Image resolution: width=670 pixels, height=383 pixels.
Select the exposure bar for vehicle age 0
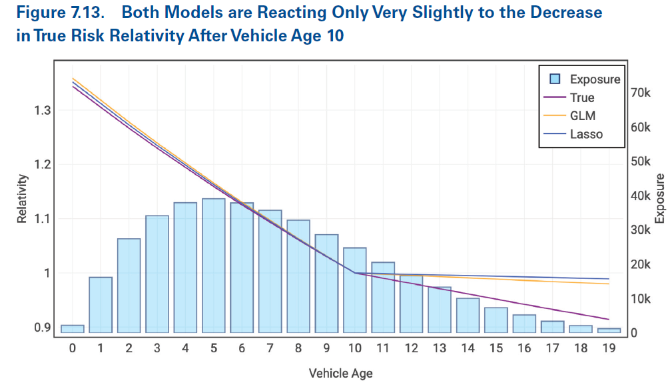pos(72,329)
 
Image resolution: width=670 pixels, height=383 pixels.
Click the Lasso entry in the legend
pos(586,134)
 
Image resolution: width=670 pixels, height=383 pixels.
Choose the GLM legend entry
pos(583,115)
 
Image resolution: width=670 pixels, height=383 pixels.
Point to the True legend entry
pos(582,97)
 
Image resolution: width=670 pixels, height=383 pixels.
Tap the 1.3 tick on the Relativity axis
pos(42,110)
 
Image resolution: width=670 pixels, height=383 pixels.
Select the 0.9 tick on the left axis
pos(42,328)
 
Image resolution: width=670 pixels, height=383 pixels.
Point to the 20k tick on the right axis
pos(641,264)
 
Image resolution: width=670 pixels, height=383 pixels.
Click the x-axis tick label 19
pos(609,348)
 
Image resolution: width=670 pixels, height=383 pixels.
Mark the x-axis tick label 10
pos(354,348)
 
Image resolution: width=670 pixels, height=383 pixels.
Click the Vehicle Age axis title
pos(340,373)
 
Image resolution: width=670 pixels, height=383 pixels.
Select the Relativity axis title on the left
pos(22,198)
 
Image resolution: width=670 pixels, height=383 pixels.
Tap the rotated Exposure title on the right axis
pos(659,198)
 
